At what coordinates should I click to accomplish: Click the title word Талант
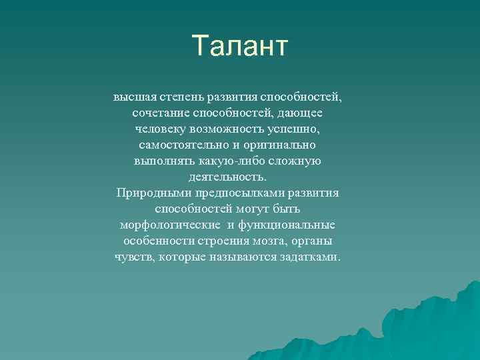click(x=240, y=46)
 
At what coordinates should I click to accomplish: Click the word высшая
click(x=132, y=97)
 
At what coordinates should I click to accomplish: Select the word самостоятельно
click(x=181, y=145)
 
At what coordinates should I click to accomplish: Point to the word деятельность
click(x=227, y=177)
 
